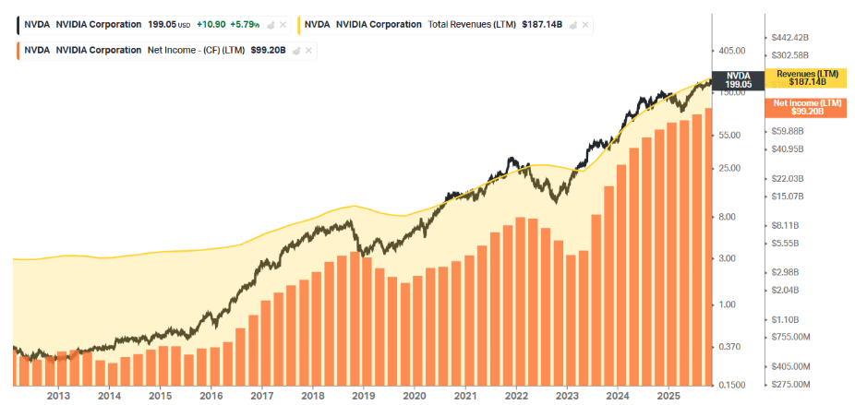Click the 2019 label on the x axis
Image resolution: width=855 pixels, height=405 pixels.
(364, 396)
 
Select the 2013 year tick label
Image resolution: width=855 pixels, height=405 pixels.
(58, 396)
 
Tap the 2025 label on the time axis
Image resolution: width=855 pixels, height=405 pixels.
(668, 396)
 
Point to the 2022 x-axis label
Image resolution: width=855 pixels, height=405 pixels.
(516, 396)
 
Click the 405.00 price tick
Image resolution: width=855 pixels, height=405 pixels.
(732, 50)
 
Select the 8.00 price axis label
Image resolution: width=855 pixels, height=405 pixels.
(728, 217)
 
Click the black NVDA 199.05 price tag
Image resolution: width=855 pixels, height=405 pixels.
(738, 80)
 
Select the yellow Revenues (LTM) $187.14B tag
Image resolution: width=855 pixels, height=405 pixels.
(807, 77)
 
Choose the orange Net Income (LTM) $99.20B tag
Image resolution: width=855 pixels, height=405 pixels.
(807, 106)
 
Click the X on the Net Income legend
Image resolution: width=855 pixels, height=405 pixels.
(307, 51)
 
